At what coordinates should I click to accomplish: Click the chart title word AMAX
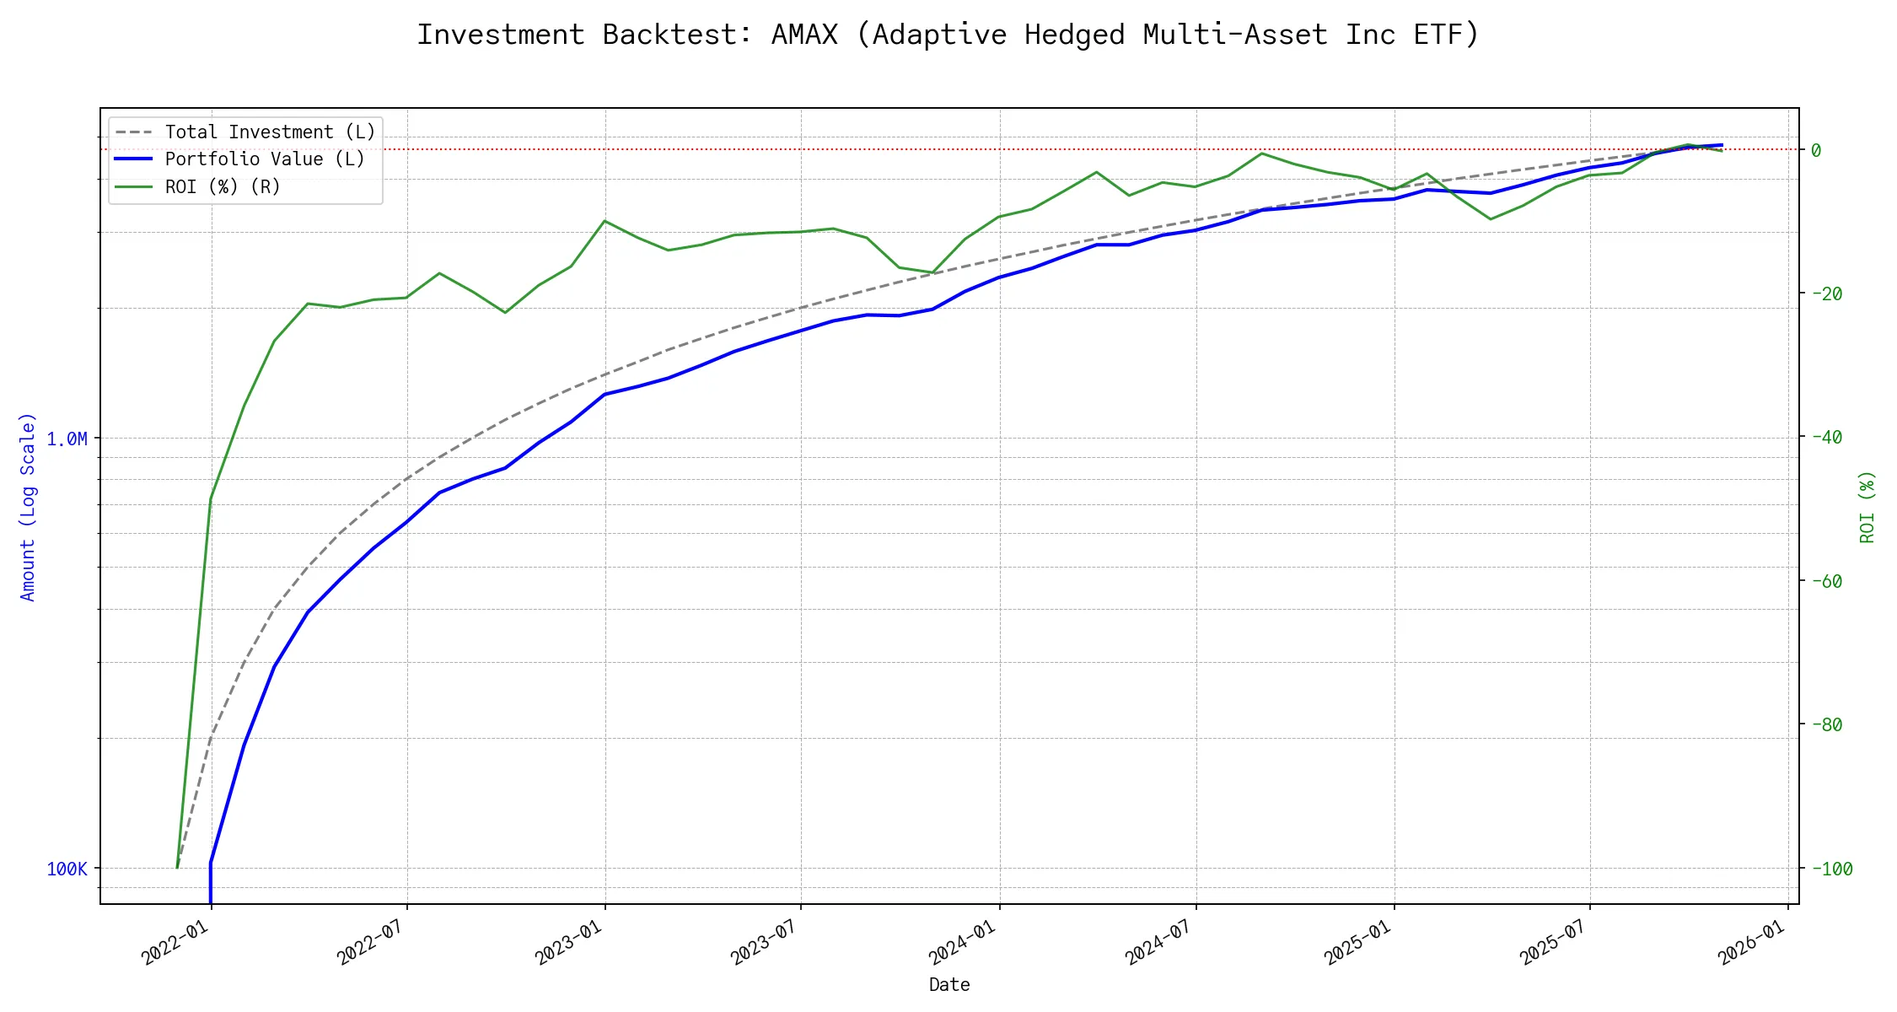pos(804,35)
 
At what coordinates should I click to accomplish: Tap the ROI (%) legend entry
pos(222,187)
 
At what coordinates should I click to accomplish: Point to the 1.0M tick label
pos(67,439)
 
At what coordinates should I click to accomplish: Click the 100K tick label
pos(67,869)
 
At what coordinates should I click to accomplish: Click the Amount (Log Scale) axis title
pos(29,506)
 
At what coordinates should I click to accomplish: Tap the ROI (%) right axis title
pos(1867,506)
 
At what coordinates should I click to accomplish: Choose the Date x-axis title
pos(949,985)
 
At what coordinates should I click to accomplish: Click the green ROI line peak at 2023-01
pos(605,221)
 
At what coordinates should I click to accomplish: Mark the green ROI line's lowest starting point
pos(177,867)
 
